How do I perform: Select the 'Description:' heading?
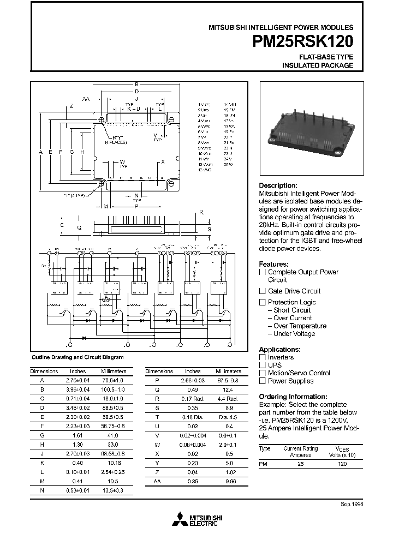click(278, 185)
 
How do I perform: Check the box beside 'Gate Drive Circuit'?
click(262, 291)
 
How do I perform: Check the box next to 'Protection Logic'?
click(262, 302)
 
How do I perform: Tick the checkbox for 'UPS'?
click(262, 365)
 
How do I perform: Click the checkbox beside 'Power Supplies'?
click(262, 381)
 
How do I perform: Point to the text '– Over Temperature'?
click(297, 326)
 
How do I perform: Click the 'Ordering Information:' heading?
click(293, 397)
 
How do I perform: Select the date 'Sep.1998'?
click(352, 504)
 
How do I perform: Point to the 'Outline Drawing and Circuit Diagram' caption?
click(74, 357)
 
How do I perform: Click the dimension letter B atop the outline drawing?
click(136, 85)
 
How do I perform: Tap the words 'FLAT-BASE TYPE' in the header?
click(326, 57)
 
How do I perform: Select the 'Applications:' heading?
click(279, 349)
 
